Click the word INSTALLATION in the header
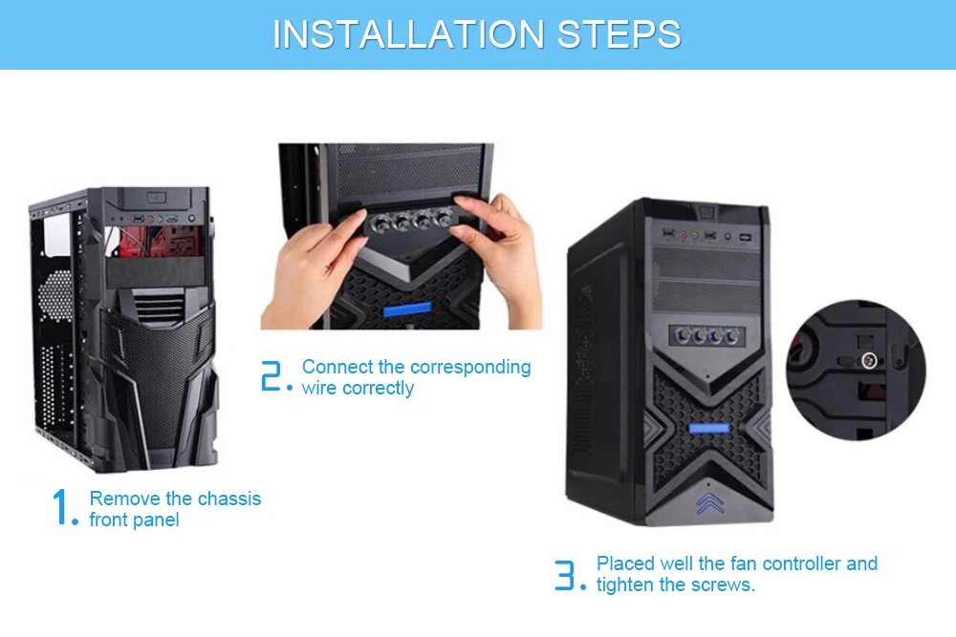click(408, 34)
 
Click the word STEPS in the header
click(619, 34)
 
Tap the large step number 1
click(60, 507)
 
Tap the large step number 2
click(271, 375)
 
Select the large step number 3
click(565, 575)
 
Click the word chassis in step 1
click(229, 499)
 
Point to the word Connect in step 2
click(337, 367)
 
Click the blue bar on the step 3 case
click(709, 428)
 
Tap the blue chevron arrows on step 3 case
click(709, 503)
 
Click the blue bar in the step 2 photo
click(407, 310)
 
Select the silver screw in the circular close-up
click(869, 360)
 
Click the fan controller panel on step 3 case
click(706, 335)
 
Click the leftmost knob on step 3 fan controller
click(684, 335)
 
